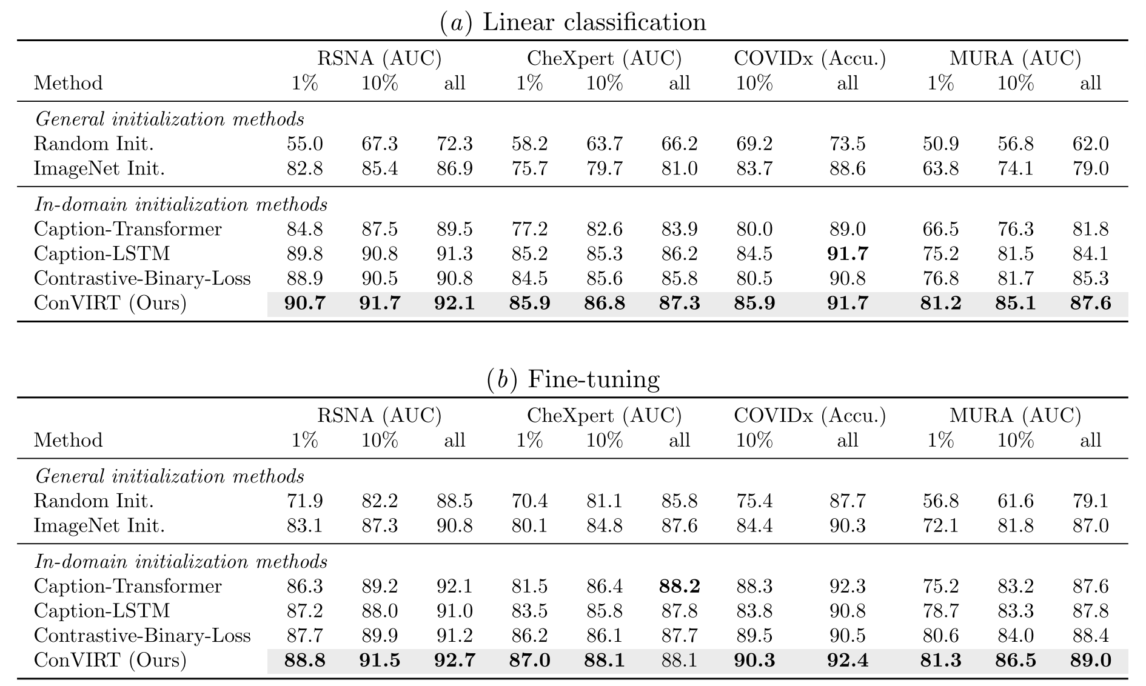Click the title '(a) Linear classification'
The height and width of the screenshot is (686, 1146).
(x=572, y=22)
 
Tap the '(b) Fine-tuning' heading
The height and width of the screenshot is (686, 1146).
(x=572, y=379)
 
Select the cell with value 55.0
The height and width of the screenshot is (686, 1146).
(x=304, y=144)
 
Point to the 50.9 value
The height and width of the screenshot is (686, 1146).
(x=940, y=144)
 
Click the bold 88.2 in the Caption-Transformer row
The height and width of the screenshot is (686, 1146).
(x=679, y=587)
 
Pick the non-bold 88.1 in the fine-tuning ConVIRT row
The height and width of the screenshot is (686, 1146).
(x=679, y=660)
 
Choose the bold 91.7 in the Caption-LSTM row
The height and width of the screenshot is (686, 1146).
(x=847, y=254)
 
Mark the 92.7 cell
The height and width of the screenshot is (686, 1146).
(x=454, y=660)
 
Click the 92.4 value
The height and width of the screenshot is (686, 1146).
(x=847, y=660)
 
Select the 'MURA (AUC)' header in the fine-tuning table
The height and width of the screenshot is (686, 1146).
(x=1015, y=416)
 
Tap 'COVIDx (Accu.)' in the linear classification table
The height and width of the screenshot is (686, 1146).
(x=809, y=59)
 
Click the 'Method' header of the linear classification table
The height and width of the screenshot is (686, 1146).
(x=69, y=83)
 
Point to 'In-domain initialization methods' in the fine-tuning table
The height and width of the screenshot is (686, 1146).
(x=181, y=562)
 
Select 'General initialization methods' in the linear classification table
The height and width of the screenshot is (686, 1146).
(x=169, y=119)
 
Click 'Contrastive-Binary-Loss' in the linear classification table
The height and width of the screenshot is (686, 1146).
(x=142, y=278)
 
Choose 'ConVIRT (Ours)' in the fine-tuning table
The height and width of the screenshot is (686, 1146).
(x=110, y=660)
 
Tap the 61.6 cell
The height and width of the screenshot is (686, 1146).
(x=1015, y=501)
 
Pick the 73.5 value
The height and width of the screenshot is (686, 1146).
(x=847, y=144)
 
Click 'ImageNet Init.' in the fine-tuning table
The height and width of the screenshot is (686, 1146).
(x=99, y=525)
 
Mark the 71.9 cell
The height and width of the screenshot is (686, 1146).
(x=304, y=501)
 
